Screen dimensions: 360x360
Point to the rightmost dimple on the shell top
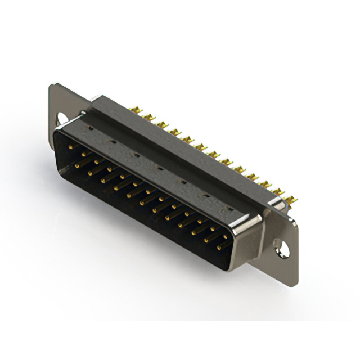[x=229, y=209]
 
